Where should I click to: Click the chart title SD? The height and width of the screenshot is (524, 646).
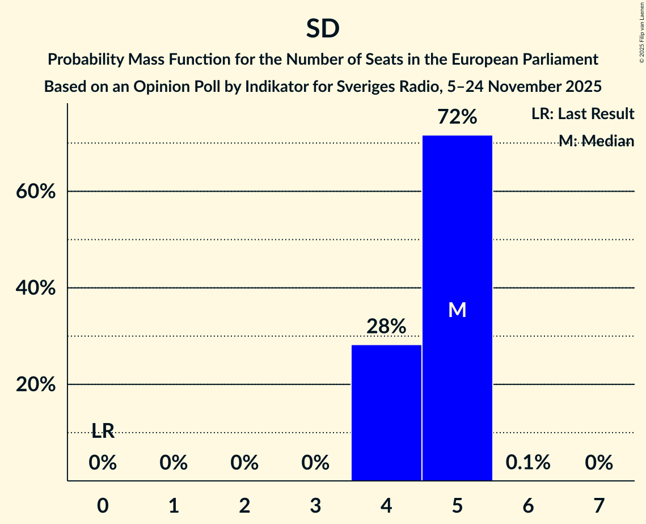(323, 29)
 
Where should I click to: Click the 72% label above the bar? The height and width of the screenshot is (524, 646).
(457, 117)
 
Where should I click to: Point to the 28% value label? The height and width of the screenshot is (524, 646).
(386, 327)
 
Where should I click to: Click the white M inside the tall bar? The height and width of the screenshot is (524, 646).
(457, 310)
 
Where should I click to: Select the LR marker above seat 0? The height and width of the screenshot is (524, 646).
(103, 432)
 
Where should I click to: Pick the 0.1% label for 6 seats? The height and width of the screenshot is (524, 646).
(528, 463)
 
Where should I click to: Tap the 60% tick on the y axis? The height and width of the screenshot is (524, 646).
(35, 192)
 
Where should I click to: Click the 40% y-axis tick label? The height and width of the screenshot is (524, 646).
(35, 288)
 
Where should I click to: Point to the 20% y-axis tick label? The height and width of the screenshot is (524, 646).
(35, 384)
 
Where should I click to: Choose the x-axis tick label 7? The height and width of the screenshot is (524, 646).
(599, 505)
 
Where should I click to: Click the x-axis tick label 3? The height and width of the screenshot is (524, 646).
(315, 505)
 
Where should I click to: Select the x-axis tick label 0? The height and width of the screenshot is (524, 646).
(103, 505)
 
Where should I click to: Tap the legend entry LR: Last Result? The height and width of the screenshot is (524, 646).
(582, 114)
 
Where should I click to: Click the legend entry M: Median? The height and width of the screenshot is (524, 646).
(596, 141)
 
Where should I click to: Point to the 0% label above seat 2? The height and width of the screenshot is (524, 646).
(244, 463)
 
